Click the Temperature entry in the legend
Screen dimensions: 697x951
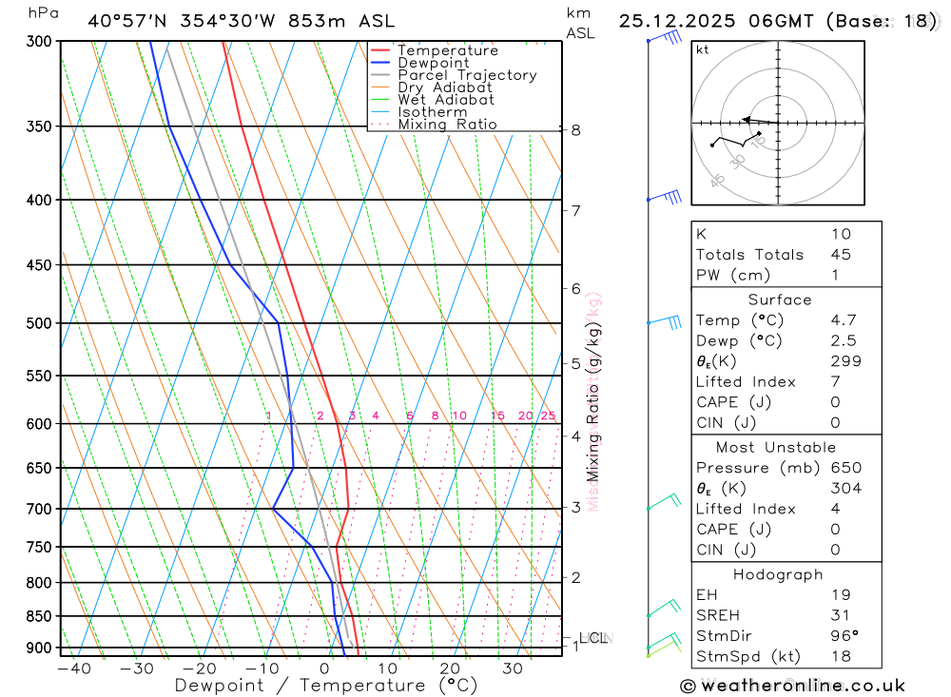click(447, 51)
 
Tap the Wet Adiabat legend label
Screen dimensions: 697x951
click(446, 100)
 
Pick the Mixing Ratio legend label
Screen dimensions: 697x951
click(447, 125)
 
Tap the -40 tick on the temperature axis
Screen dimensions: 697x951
click(73, 668)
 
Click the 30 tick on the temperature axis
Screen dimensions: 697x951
click(512, 668)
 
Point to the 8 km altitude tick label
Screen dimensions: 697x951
click(576, 130)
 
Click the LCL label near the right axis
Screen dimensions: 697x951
click(593, 638)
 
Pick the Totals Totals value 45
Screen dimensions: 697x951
click(840, 255)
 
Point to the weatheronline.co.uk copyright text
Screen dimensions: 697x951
click(792, 686)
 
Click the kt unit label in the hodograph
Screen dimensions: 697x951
click(703, 50)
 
